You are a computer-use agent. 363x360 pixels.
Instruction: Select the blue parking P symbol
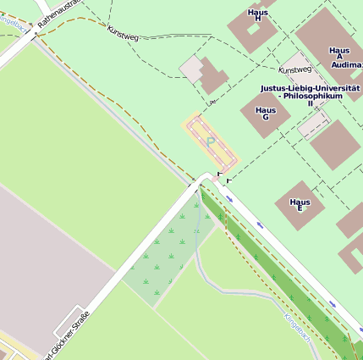[x=210, y=141]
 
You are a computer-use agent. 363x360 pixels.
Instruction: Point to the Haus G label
[x=266, y=114]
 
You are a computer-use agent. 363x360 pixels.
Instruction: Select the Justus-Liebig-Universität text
[x=310, y=87]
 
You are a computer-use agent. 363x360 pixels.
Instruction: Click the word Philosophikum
[x=314, y=96]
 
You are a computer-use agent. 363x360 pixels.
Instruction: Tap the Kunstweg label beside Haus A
[x=295, y=69]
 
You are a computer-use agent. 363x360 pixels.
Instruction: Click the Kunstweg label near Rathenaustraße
[x=123, y=32]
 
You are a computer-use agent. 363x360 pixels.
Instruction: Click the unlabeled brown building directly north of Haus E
[x=334, y=142]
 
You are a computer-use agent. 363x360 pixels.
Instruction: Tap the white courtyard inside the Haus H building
[x=251, y=29]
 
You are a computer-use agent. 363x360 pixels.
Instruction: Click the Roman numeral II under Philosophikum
[x=310, y=103]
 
